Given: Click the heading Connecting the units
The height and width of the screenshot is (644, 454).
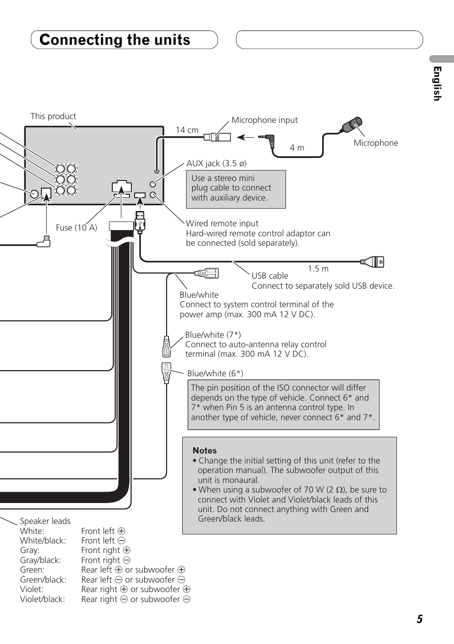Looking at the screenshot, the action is (115, 40).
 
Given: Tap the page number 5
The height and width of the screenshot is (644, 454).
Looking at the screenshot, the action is (420, 619).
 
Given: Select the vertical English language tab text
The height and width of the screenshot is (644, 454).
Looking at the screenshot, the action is (437, 84).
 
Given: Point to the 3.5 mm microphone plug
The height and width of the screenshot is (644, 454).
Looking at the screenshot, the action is (267, 139).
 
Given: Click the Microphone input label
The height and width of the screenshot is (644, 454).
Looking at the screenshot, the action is (265, 120).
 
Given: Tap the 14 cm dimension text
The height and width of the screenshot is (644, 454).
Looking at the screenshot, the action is (187, 130).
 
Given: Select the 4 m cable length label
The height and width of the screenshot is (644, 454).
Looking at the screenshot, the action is (297, 148).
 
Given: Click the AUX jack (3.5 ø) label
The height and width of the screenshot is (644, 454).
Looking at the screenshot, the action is (216, 163).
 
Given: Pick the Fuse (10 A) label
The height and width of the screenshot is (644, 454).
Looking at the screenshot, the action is (77, 227).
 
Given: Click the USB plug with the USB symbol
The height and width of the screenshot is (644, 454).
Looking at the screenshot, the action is (139, 222).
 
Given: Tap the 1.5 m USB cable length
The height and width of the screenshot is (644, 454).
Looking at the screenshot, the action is (318, 269).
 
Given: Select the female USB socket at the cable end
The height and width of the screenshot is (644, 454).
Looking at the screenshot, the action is (373, 262).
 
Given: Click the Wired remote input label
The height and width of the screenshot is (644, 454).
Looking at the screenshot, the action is (222, 223).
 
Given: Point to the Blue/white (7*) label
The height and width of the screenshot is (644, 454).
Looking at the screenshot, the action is (213, 335).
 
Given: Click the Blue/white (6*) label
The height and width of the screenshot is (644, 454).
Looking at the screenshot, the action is (215, 373).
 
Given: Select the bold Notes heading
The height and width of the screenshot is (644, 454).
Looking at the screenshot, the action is (205, 450).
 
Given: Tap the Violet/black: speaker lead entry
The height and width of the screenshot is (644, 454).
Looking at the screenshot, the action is (42, 599).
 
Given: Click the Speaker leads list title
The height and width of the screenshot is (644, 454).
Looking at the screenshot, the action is (45, 521).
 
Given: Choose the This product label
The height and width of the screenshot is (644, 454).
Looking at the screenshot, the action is (53, 116).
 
